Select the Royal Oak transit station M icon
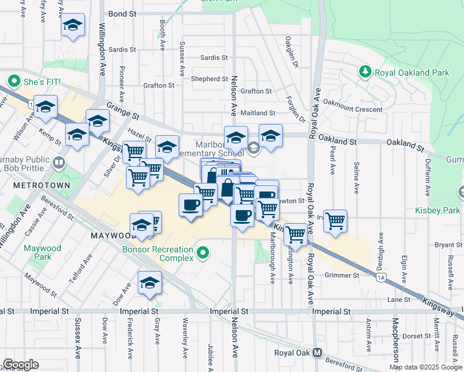point(317,353)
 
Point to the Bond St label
point(122,13)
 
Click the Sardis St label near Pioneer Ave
point(122,50)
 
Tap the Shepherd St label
point(209,79)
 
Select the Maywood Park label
point(43,252)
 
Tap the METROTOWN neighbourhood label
point(27,186)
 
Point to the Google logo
point(20,365)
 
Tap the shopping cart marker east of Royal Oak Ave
point(335,221)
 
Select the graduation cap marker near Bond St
point(73,27)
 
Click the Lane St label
point(395,299)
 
